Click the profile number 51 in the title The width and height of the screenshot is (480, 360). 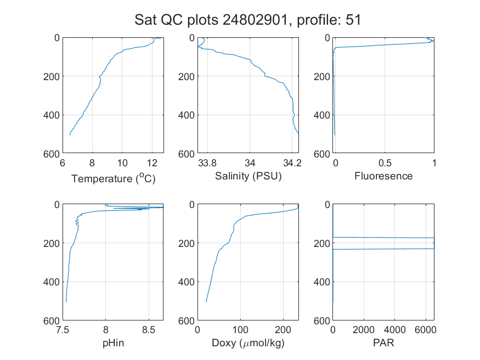point(353,20)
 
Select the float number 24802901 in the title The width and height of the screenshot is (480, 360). point(255,20)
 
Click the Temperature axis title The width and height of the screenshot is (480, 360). point(113,178)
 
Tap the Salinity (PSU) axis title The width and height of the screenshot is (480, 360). point(249,176)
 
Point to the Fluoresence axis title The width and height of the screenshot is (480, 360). point(383,176)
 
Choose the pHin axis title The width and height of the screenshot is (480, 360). point(113,343)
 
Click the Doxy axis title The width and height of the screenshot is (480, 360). point(249,343)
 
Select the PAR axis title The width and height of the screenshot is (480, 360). point(383,342)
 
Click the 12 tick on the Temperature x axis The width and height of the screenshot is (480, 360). point(152,163)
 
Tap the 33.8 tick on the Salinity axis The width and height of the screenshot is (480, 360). point(207,163)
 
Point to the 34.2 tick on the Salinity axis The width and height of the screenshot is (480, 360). point(292,163)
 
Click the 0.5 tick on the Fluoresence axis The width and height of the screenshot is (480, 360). point(385,163)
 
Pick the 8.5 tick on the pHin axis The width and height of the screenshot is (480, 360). point(149,330)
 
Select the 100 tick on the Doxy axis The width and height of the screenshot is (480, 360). point(240,330)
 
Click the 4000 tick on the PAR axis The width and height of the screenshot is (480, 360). point(394,330)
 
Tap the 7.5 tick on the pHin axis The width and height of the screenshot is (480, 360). point(63,330)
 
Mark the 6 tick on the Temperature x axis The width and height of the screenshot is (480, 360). point(63,163)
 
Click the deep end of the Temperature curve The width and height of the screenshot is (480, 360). point(70,135)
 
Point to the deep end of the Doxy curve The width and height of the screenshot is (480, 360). point(206,302)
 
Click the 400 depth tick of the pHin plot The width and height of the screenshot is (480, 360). point(52,282)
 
